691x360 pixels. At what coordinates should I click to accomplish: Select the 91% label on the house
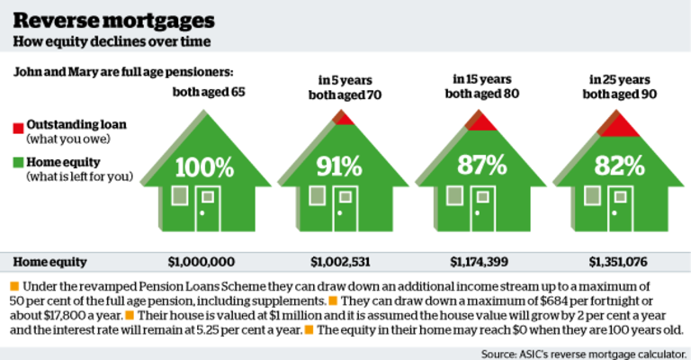pyautogui.click(x=338, y=166)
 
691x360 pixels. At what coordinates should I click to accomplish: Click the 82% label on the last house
pyautogui.click(x=619, y=166)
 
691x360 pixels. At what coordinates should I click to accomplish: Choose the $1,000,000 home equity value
pyautogui.click(x=205, y=262)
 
